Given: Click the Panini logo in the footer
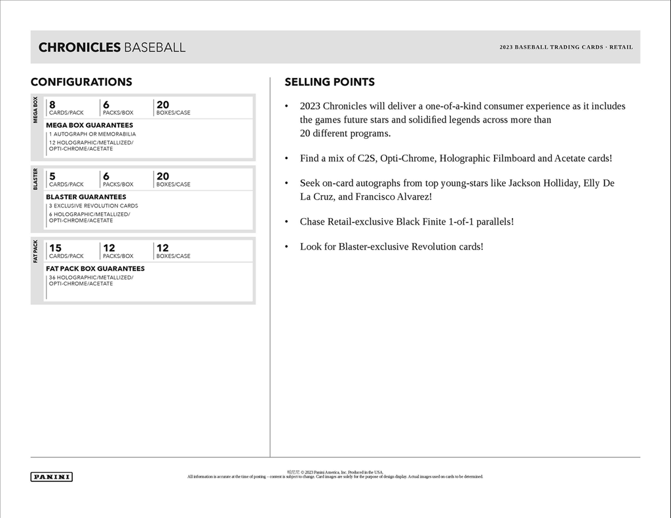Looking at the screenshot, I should coord(51,477).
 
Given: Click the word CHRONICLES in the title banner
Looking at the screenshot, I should coord(79,47).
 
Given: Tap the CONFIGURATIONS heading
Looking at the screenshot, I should coord(81,82).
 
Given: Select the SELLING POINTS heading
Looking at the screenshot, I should coord(330,82).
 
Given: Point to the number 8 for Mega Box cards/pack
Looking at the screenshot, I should coord(52,105).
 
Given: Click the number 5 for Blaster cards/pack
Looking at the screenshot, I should coord(52,176).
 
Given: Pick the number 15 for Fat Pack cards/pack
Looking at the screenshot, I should coord(55,248).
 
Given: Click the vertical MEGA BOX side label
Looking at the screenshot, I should coord(36,109).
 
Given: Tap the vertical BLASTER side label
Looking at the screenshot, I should coord(36,179).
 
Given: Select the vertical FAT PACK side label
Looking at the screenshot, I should coord(36,251).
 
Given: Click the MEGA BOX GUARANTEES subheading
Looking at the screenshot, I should coord(89,125).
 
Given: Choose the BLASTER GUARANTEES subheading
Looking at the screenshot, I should coord(86,196).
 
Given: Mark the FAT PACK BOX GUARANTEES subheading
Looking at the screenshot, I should coord(95,268).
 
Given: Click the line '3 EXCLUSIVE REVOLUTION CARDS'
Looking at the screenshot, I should coord(93,206).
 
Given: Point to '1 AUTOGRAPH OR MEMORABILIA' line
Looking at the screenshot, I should coord(92,134).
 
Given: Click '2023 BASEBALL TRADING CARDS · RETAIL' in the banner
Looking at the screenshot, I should coord(566,47).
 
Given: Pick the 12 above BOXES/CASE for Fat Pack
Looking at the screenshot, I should coord(163,248).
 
